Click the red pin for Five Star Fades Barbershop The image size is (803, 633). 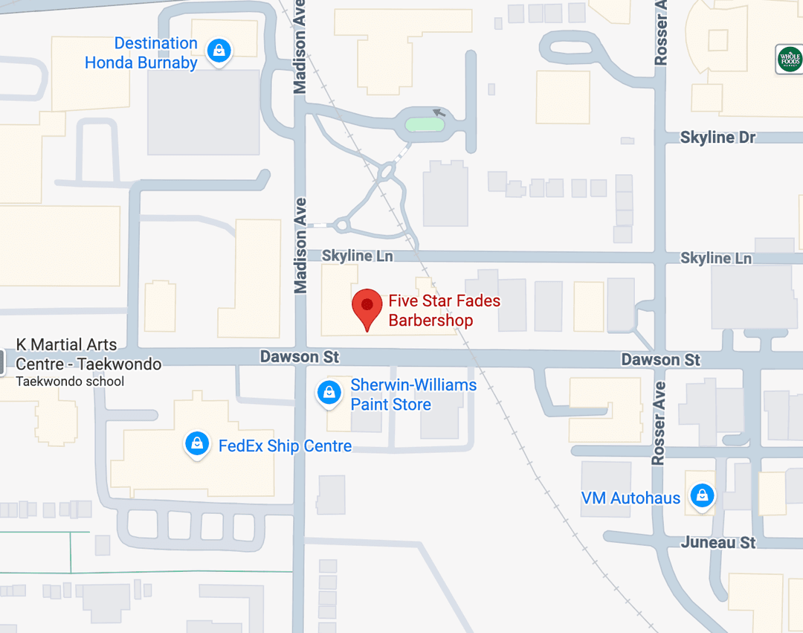point(367,306)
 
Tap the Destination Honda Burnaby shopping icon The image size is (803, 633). point(219,51)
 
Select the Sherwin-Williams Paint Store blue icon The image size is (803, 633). point(329,393)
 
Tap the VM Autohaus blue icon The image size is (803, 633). point(701,495)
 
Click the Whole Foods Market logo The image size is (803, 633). point(789,60)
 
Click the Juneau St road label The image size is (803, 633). point(718,542)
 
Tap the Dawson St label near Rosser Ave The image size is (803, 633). point(660,360)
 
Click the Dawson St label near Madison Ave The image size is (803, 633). point(299,358)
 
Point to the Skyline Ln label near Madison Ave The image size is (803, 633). point(357,256)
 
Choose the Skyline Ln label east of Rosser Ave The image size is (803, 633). point(715,258)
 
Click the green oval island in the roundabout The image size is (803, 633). point(425,124)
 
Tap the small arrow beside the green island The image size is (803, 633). point(439,113)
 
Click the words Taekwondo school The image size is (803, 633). point(70,382)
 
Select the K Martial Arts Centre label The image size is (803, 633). point(88,355)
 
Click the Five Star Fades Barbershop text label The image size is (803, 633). point(444,311)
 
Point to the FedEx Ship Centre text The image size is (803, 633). point(285,446)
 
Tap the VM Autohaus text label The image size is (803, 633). point(631,498)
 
